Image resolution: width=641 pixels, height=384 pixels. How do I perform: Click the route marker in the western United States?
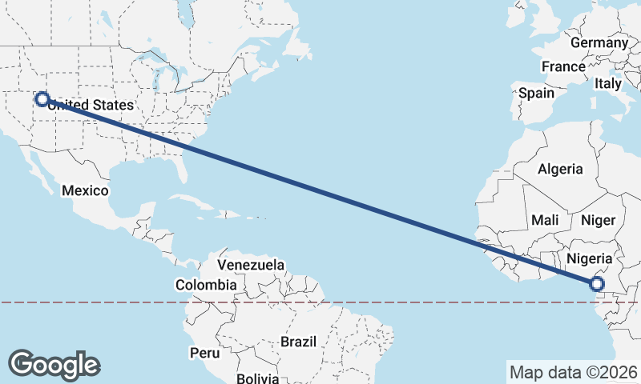click(42, 100)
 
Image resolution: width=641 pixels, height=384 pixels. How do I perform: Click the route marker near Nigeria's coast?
click(596, 283)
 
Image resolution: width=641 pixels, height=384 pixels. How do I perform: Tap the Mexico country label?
click(85, 190)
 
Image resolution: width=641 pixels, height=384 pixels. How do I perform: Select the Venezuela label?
click(251, 265)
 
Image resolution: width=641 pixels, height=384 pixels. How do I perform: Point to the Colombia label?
click(206, 284)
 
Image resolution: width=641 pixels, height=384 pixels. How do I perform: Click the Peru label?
click(204, 352)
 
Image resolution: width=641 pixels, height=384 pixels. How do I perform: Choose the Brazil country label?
click(299, 342)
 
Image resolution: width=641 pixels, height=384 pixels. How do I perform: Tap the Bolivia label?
click(256, 378)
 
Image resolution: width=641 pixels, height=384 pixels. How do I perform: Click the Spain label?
click(536, 93)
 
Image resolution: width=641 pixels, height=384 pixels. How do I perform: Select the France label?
click(563, 66)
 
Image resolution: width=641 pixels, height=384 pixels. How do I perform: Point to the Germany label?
click(599, 42)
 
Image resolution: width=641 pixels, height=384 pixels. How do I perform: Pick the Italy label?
click(609, 83)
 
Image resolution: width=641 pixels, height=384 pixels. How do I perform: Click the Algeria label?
click(561, 169)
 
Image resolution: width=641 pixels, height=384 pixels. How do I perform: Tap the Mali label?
click(545, 220)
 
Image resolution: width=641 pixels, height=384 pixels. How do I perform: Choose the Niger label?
click(598, 220)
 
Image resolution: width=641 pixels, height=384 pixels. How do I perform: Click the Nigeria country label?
click(590, 258)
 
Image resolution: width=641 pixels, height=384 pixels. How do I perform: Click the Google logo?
click(54, 365)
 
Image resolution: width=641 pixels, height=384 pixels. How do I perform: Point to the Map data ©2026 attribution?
click(574, 372)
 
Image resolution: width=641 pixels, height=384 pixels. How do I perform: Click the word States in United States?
click(113, 105)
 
